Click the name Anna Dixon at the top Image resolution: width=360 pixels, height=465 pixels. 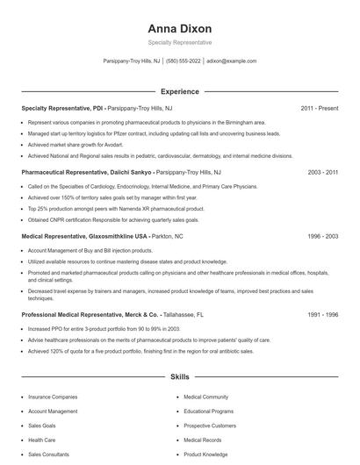(180, 28)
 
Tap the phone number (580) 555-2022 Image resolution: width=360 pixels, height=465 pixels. (184, 61)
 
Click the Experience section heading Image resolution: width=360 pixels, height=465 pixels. (180, 90)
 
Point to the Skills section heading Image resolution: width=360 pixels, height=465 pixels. (180, 377)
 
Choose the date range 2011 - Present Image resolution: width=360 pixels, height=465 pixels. (320, 108)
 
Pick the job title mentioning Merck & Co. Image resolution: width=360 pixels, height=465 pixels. (90, 314)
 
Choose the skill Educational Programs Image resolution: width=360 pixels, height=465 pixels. (209, 411)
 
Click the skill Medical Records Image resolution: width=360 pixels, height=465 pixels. (203, 440)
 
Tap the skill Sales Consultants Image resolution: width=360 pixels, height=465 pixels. (49, 454)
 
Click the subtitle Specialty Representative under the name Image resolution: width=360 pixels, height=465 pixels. (180, 42)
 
